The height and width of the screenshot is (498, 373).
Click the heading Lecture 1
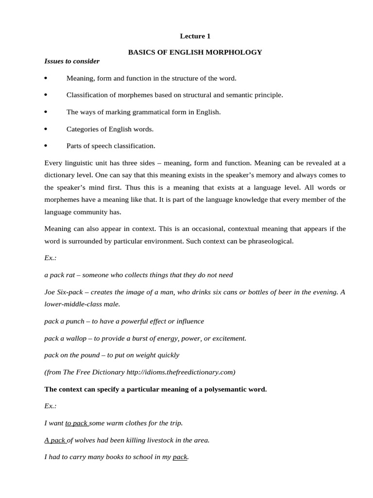pyautogui.click(x=195, y=36)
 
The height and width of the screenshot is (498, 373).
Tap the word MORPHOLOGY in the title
pyautogui.click(x=236, y=52)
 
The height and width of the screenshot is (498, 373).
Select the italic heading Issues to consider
pyautogui.click(x=72, y=61)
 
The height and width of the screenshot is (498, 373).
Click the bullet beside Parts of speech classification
pyautogui.click(x=46, y=146)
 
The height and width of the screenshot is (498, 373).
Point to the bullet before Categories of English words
pyautogui.click(x=46, y=129)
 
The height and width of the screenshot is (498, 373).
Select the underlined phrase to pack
pyautogui.click(x=77, y=423)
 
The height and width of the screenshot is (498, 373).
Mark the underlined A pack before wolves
pyautogui.click(x=55, y=440)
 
